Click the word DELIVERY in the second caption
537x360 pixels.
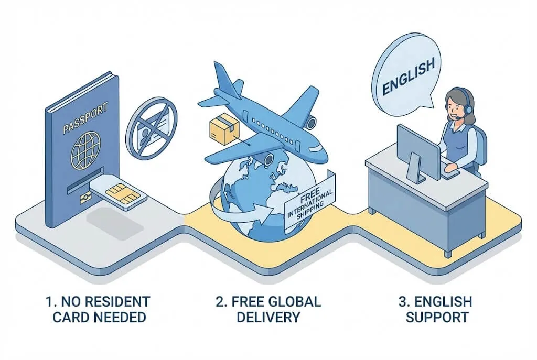tap(268, 318)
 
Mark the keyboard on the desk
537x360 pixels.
tap(449, 173)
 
